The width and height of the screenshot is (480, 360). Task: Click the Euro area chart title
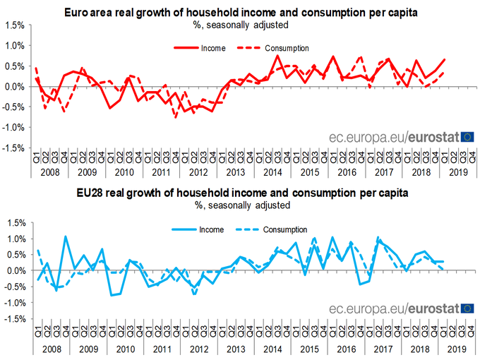tap(240, 13)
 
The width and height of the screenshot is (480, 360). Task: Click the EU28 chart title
tap(240, 192)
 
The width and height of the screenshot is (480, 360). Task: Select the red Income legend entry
tap(199, 48)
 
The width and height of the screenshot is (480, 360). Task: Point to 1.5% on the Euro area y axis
tap(15, 25)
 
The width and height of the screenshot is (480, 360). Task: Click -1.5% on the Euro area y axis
tap(13, 148)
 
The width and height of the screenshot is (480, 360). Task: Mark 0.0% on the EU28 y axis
tap(15, 270)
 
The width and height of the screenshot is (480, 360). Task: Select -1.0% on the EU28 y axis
tap(13, 303)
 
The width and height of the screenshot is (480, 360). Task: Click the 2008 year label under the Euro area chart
tap(49, 172)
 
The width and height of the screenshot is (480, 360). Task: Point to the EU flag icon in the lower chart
tap(467, 308)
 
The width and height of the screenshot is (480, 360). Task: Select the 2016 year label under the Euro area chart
tap(346, 172)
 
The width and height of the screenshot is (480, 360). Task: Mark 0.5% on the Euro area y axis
tap(15, 66)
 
